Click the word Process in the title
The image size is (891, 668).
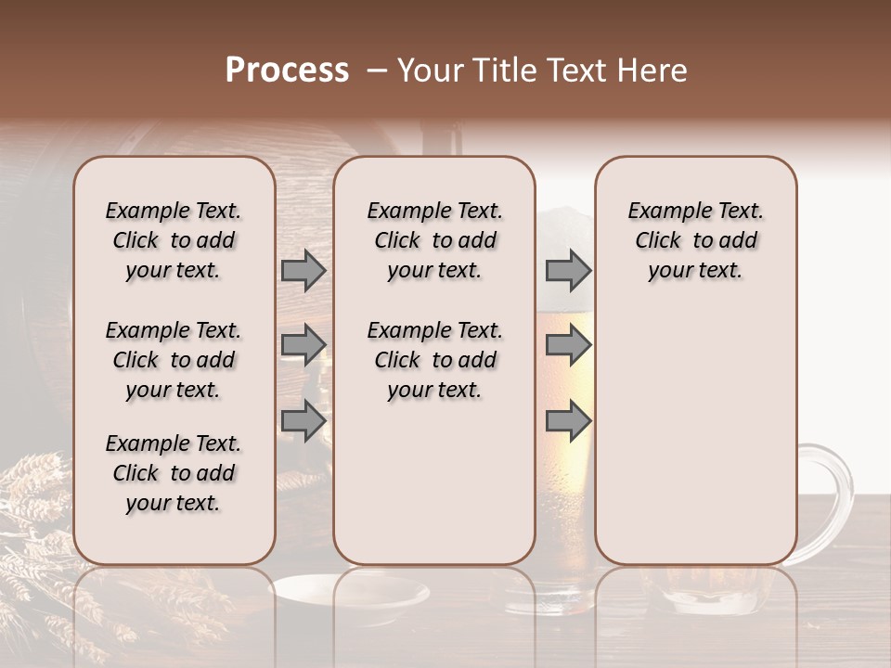click(x=287, y=71)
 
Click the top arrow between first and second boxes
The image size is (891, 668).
click(x=303, y=270)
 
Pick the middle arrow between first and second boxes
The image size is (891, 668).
click(x=303, y=345)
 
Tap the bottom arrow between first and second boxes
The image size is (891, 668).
click(x=303, y=420)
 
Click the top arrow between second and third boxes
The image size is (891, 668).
click(x=568, y=270)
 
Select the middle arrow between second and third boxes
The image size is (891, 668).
click(x=568, y=345)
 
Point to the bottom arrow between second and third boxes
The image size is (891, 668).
click(x=568, y=420)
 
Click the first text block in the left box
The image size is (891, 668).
click(x=174, y=240)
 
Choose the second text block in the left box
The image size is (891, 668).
click(x=174, y=360)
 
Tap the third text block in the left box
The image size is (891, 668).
click(x=174, y=473)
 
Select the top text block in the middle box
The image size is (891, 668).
click(x=434, y=240)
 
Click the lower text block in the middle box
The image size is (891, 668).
click(x=434, y=360)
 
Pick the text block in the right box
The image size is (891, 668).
click(x=696, y=240)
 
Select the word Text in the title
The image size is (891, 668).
click(x=573, y=71)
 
